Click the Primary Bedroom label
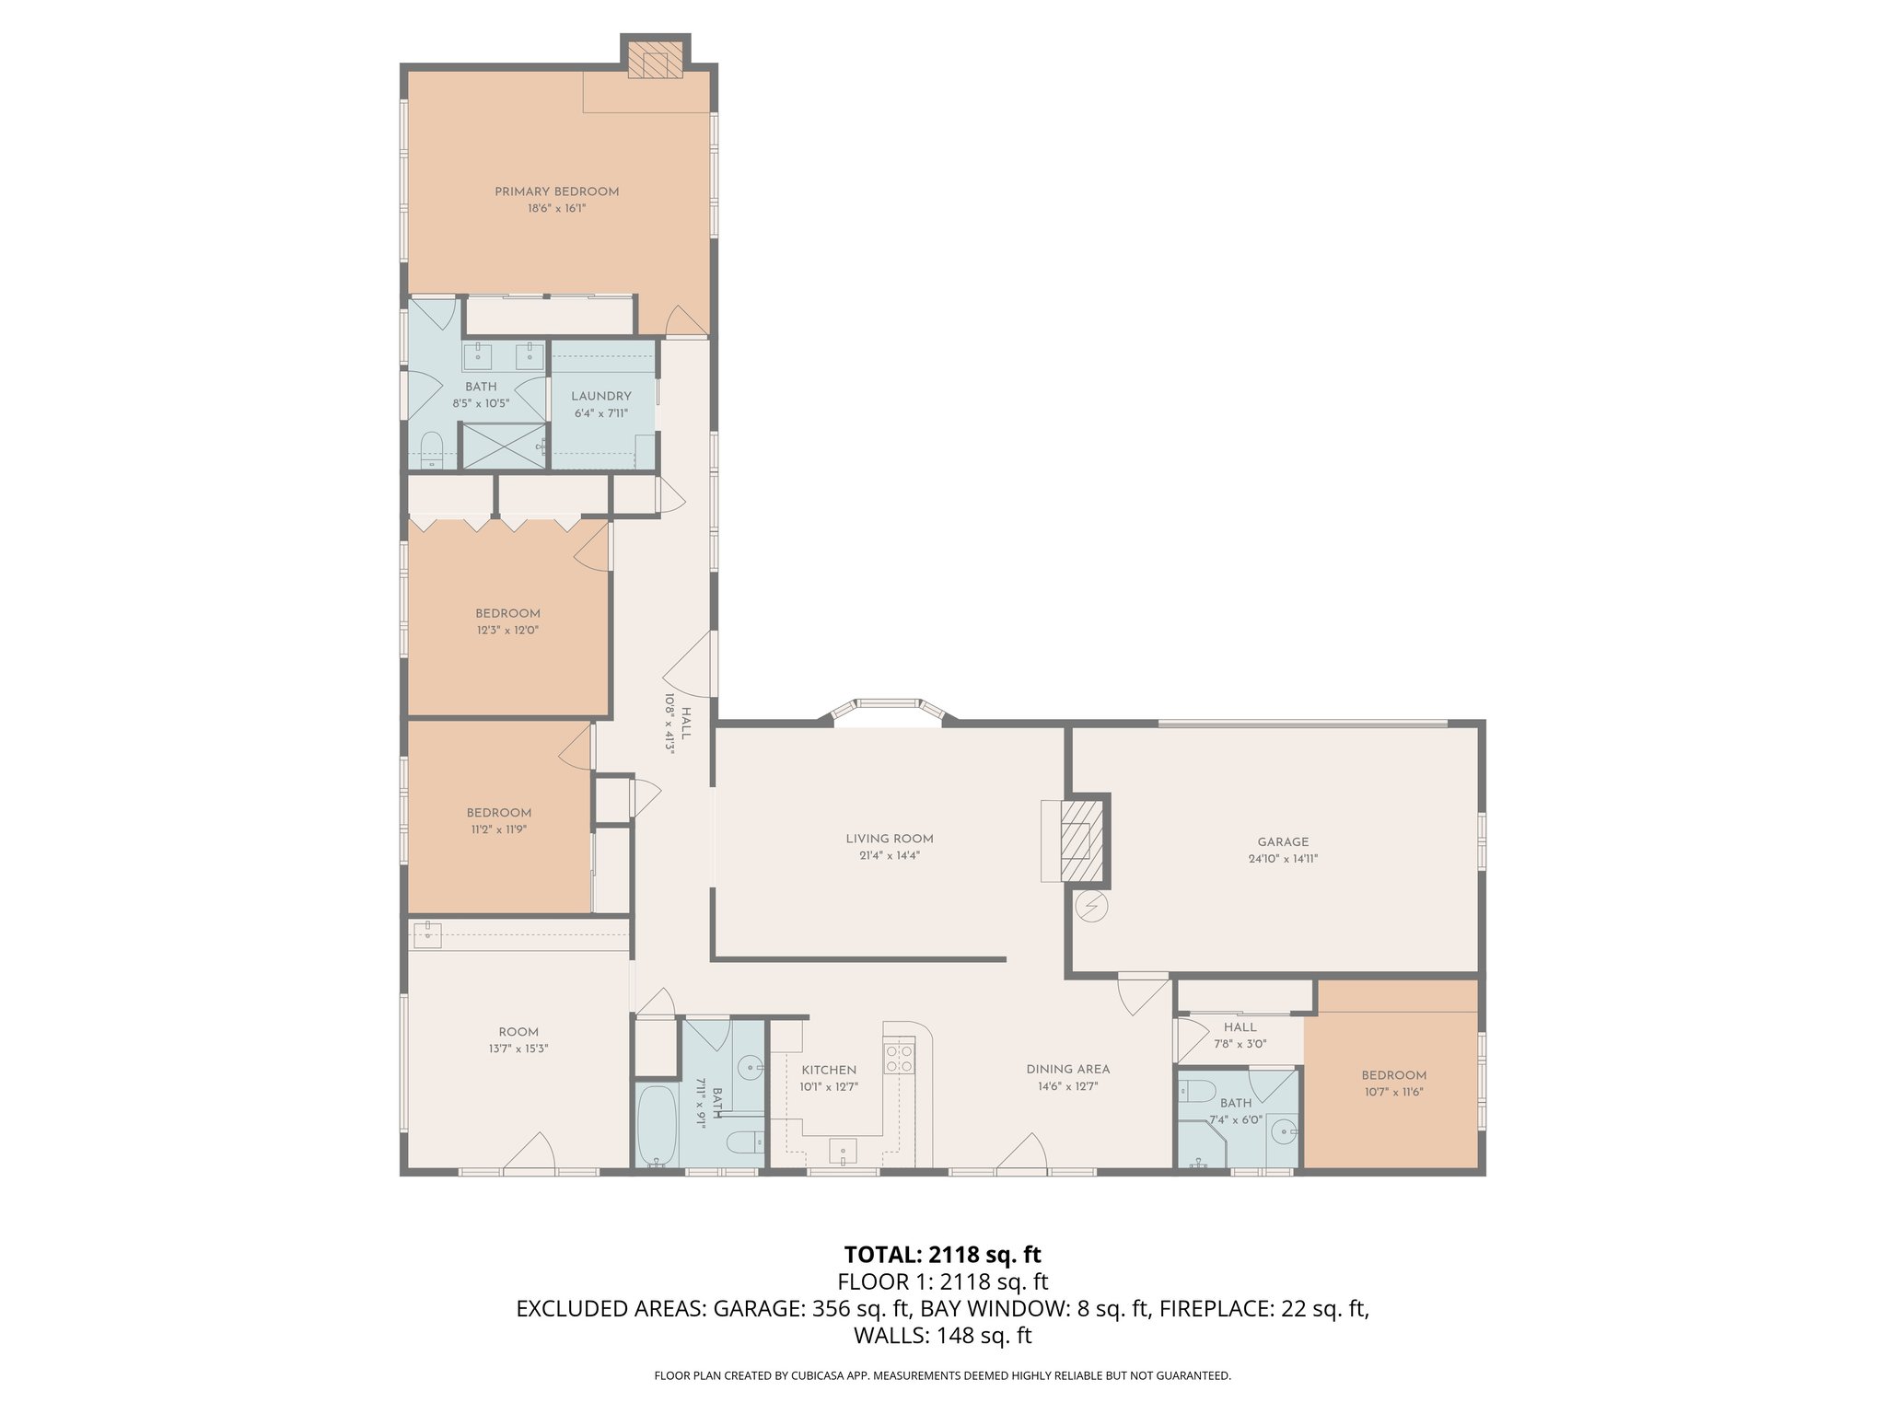click(x=556, y=191)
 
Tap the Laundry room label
click(x=601, y=397)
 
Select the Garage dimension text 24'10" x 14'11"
click(x=1283, y=859)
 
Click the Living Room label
click(x=890, y=839)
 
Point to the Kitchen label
click(x=829, y=1070)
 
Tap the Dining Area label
click(x=1068, y=1070)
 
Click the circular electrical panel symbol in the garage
click(x=1092, y=907)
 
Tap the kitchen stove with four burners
click(x=899, y=1059)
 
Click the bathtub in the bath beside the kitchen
click(x=657, y=1128)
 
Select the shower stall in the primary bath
click(x=503, y=446)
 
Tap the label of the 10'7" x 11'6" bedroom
click(x=1394, y=1075)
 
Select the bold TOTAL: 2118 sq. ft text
click(x=942, y=1254)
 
